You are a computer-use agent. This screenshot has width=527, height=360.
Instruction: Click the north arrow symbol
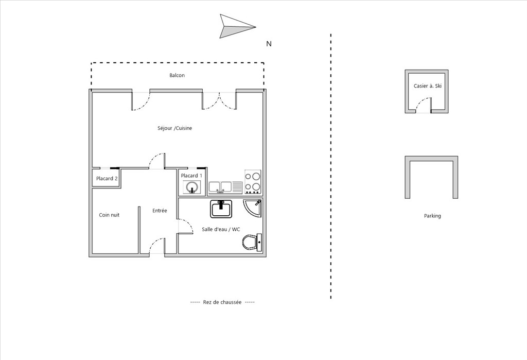click(235, 26)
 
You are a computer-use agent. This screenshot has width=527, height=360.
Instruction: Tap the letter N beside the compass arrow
click(269, 44)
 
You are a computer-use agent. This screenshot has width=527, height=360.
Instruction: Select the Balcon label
click(177, 75)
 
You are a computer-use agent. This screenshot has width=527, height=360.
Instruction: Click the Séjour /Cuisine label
click(175, 128)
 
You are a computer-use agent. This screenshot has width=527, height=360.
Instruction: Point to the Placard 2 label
click(107, 179)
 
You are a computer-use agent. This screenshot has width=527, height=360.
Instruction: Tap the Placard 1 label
click(191, 176)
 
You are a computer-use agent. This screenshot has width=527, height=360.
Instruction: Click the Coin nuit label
click(109, 215)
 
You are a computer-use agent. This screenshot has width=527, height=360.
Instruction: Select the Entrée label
click(160, 211)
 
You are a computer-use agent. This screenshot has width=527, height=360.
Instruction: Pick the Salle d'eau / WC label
click(221, 230)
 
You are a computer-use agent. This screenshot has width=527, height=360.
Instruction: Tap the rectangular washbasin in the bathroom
click(221, 209)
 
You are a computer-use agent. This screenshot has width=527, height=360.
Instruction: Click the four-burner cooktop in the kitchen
click(253, 182)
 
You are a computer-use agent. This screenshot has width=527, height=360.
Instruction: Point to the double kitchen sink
click(225, 187)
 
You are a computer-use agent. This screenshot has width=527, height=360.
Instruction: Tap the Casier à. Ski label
click(428, 86)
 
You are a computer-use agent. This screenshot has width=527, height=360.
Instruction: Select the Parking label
click(432, 216)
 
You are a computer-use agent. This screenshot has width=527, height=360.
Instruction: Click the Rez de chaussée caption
click(222, 302)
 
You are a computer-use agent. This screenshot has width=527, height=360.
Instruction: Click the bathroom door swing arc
click(188, 223)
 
